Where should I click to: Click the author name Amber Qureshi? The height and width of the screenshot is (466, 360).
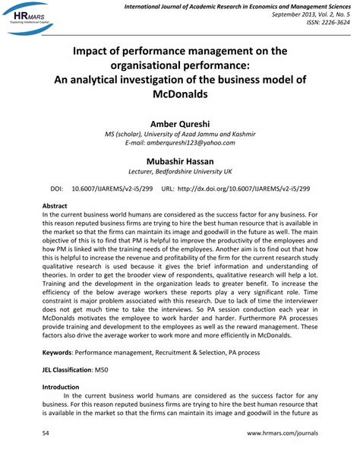(x=179, y=122)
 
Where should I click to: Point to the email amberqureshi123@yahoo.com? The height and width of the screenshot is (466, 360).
(x=179, y=142)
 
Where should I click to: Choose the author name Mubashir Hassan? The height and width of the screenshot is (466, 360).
(x=179, y=161)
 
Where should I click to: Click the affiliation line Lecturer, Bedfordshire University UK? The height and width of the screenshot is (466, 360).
(x=179, y=173)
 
